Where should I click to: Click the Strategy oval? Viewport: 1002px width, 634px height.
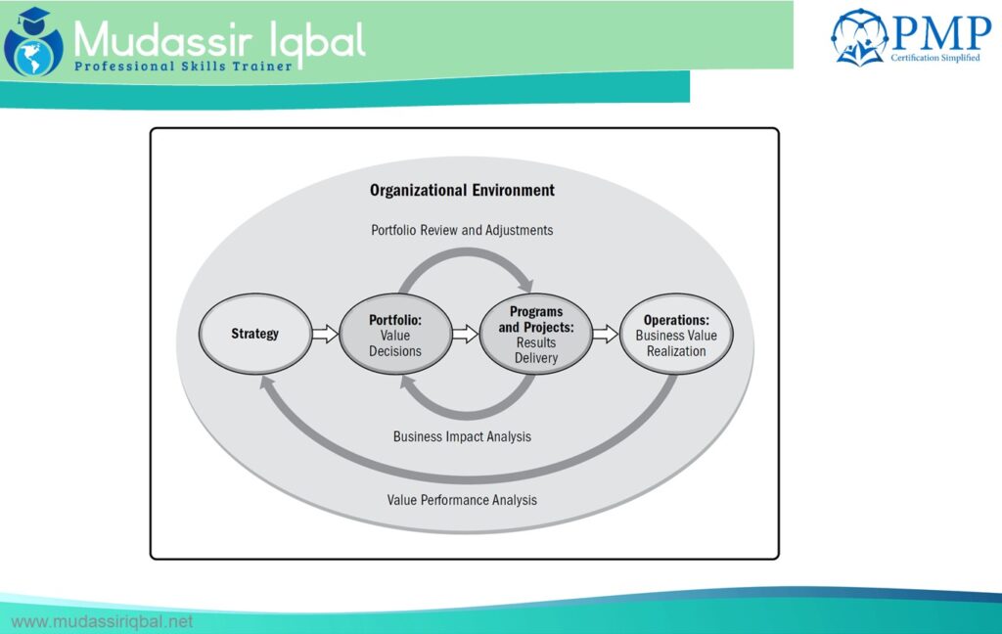pos(254,334)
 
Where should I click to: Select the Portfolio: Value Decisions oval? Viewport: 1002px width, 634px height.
pos(395,335)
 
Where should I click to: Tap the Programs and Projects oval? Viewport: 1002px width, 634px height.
pos(535,335)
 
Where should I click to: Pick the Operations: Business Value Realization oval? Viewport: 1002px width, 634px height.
pos(676,335)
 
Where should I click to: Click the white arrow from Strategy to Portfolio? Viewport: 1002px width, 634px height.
pos(324,334)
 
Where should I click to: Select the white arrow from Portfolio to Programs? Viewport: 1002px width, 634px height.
pos(465,334)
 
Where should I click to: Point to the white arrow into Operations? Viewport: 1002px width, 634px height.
pos(605,334)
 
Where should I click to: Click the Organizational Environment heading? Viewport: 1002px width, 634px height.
pos(462,190)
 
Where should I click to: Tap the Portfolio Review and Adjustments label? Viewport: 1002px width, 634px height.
pos(462,230)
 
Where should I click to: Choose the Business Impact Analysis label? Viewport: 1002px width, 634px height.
pos(462,436)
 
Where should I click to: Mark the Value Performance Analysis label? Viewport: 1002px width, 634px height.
pos(462,499)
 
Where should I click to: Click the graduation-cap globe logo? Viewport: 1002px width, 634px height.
pos(32,40)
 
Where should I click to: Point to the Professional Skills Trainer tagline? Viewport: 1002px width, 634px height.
pos(182,67)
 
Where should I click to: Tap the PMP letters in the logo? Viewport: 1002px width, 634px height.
pos(939,33)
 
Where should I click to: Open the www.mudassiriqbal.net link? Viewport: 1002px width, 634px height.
pos(102,621)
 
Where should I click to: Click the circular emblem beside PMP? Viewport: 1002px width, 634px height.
pos(859,37)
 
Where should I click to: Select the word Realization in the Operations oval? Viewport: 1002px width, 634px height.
pos(676,350)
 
